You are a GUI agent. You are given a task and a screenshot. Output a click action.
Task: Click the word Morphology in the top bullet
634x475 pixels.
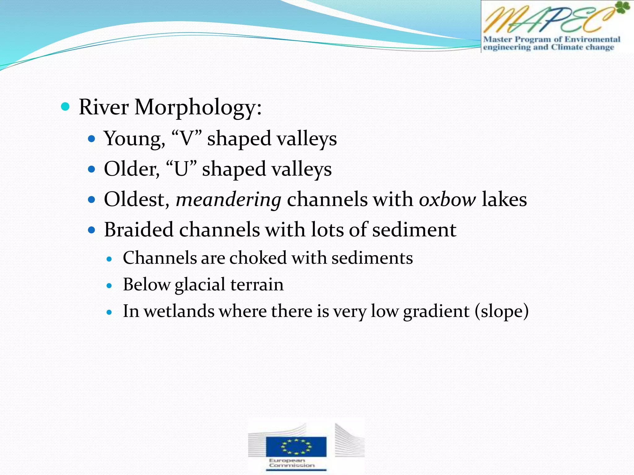198,108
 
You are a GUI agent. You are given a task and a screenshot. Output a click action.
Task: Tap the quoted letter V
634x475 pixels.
186,139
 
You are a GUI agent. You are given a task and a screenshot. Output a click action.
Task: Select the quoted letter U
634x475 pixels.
181,169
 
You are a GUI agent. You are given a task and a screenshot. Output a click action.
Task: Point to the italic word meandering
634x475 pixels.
228,200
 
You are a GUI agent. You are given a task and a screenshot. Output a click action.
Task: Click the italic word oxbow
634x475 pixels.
447,200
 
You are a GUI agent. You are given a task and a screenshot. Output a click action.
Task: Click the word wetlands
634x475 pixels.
179,311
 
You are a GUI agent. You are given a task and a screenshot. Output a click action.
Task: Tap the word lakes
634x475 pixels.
504,199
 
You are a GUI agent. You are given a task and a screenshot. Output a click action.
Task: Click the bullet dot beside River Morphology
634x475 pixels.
65,107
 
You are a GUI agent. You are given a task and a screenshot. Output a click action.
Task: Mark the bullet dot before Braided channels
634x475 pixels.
91,230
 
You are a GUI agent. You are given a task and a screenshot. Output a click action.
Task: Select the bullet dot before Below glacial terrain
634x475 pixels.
109,285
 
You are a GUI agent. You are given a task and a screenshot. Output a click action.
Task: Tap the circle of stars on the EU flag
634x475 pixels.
296,447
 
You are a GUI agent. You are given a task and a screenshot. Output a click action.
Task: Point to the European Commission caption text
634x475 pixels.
291,463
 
